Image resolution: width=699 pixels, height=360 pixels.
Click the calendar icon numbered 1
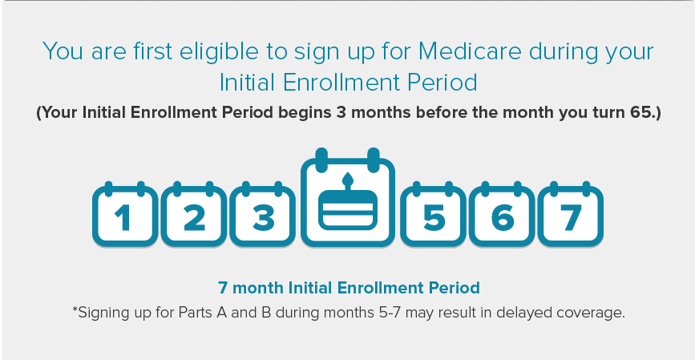[125, 214]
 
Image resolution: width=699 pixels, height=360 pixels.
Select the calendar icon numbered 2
[194, 214]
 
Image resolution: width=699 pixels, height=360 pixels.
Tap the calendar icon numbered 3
[263, 214]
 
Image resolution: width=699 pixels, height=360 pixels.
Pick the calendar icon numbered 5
[434, 214]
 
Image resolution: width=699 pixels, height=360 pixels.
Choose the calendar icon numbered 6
[502, 214]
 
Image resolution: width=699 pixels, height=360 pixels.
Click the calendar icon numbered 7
[571, 214]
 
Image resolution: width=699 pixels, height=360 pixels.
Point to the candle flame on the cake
[348, 180]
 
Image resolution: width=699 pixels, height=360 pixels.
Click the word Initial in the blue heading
[248, 83]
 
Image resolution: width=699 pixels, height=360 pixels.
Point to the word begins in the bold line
[305, 113]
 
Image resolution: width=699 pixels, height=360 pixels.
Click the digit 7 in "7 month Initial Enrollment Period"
[223, 288]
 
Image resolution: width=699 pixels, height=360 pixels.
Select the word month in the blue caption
[258, 288]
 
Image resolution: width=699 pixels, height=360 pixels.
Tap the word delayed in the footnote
[523, 312]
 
